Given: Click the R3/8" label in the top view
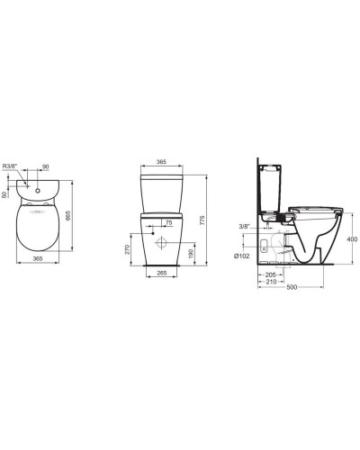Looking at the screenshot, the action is coord(10,166).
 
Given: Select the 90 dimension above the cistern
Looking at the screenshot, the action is coord(45,166).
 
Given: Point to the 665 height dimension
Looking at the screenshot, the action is coord(67,216).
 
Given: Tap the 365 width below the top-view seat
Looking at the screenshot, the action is coord(38,258).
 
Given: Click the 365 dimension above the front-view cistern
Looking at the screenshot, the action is coord(161,162).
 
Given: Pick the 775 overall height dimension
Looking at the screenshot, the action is coord(202,220).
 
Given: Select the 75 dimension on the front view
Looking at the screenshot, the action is coord(168,222).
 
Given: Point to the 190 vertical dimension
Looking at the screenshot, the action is coord(190,254).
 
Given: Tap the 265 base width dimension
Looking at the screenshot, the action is coord(162,273).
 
